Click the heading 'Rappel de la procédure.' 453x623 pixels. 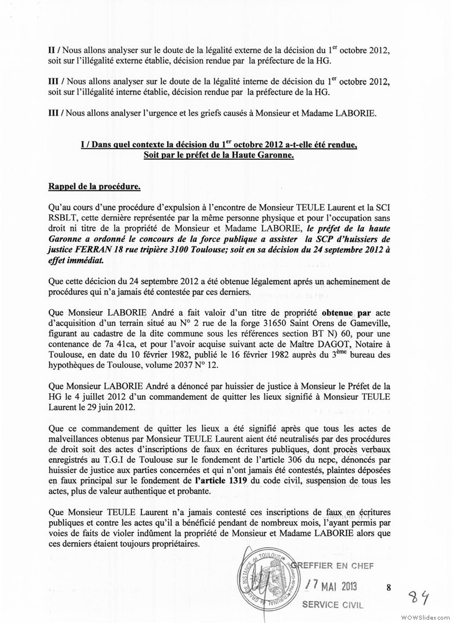(x=93, y=186)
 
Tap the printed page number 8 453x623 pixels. (x=388, y=587)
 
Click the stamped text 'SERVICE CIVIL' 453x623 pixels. (x=334, y=604)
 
